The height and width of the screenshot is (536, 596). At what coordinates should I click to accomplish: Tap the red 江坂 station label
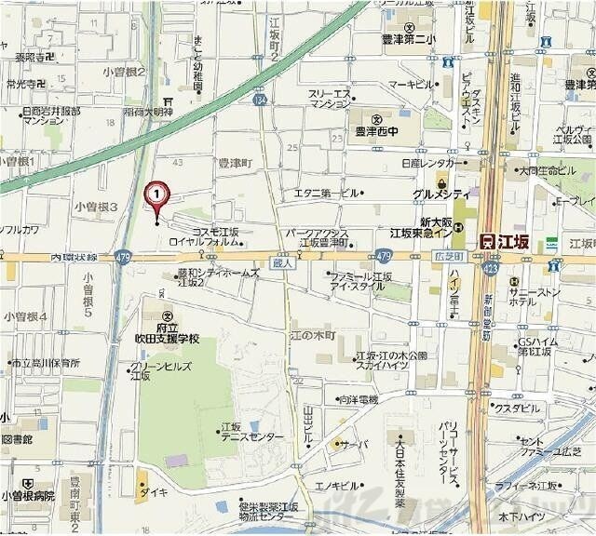505,241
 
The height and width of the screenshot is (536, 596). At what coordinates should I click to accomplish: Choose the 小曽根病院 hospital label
28,495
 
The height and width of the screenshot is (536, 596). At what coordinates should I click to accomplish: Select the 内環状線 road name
73,256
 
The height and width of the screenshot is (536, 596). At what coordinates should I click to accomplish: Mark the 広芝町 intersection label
448,254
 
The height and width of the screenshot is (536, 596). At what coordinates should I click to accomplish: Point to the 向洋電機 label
357,399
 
